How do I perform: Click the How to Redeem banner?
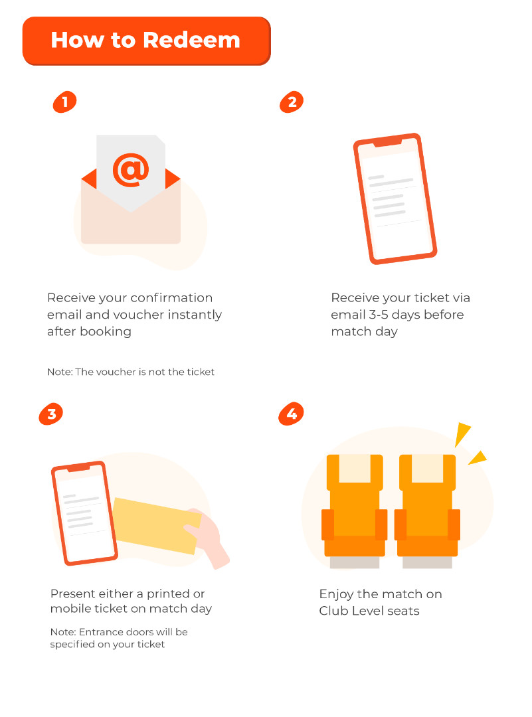pyautogui.click(x=146, y=41)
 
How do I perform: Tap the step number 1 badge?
pyautogui.click(x=64, y=102)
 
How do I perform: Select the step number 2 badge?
pyautogui.click(x=292, y=102)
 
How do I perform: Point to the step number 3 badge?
pyautogui.click(x=50, y=414)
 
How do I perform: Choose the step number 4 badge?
pyautogui.click(x=291, y=414)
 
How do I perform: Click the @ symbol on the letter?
pyautogui.click(x=131, y=170)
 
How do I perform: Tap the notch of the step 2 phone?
pyautogui.click(x=387, y=143)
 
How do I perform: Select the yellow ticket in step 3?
pyautogui.click(x=156, y=526)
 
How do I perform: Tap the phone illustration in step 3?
pyautogui.click(x=84, y=513)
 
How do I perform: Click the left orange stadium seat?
pyautogui.click(x=355, y=511)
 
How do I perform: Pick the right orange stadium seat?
pyautogui.click(x=427, y=511)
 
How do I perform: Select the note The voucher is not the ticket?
pyautogui.click(x=131, y=372)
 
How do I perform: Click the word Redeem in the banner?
pyautogui.click(x=191, y=40)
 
